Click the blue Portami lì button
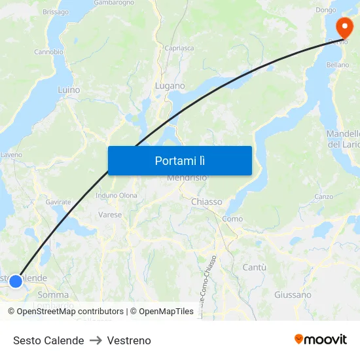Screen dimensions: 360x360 pyautogui.click(x=179, y=160)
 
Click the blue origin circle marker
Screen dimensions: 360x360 pyautogui.click(x=16, y=281)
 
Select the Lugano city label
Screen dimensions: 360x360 pyautogui.click(x=170, y=86)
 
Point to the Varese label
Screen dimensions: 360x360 pyautogui.click(x=110, y=214)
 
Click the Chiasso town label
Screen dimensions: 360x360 pyautogui.click(x=206, y=202)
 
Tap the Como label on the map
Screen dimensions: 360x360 pyautogui.click(x=232, y=219)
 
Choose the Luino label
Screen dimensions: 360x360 pyautogui.click(x=69, y=90)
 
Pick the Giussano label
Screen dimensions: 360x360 pyautogui.click(x=293, y=295)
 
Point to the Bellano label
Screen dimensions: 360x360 pyautogui.click(x=338, y=65)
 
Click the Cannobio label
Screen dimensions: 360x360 pyautogui.click(x=48, y=52)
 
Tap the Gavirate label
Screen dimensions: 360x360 pyautogui.click(x=58, y=202)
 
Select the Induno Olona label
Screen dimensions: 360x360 pyautogui.click(x=117, y=195)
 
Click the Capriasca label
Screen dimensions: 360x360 pyautogui.click(x=179, y=48)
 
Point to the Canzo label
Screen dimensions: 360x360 pyautogui.click(x=323, y=196)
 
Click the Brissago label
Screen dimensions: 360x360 pyautogui.click(x=55, y=12)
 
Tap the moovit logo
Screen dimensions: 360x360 pyautogui.click(x=321, y=339)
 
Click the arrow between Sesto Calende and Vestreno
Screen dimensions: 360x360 pyautogui.click(x=96, y=340)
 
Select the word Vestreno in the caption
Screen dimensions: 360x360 pyautogui.click(x=129, y=340)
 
